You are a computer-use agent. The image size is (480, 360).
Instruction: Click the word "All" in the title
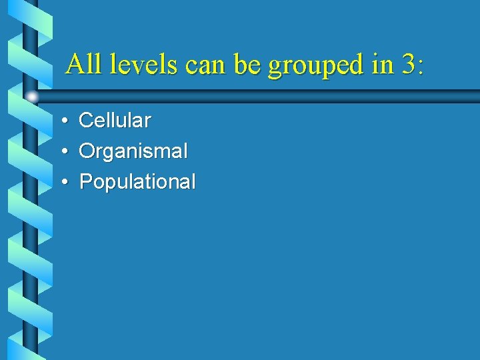pyautogui.click(x=83, y=65)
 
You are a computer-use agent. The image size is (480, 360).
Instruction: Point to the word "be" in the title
pyautogui.click(x=246, y=65)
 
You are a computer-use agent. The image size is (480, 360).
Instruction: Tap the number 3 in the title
pyautogui.click(x=407, y=65)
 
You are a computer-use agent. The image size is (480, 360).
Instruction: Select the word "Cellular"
pyautogui.click(x=115, y=121)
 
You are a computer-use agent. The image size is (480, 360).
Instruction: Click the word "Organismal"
pyautogui.click(x=133, y=151)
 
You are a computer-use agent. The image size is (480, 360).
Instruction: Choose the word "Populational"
pyautogui.click(x=137, y=182)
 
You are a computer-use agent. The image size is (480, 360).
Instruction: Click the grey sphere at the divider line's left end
pyautogui.click(x=31, y=97)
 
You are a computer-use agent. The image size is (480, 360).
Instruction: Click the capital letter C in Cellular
pyautogui.click(x=85, y=121)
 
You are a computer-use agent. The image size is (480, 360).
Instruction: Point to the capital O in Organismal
pyautogui.click(x=87, y=151)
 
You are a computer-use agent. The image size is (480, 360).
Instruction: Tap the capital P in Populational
pyautogui.click(x=85, y=181)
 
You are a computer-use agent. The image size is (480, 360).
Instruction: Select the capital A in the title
pyautogui.click(x=75, y=65)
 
